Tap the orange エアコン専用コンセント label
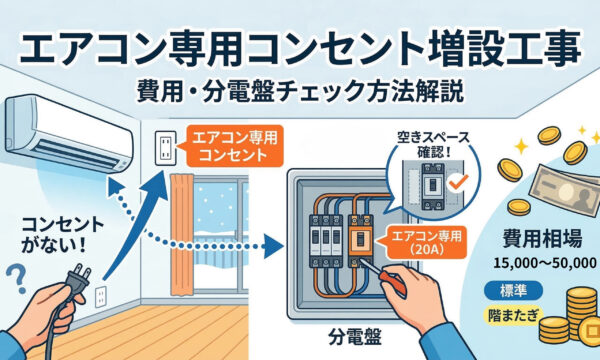(234, 146)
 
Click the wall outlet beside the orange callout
(166, 148)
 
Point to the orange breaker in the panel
(360, 241)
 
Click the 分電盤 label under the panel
(355, 338)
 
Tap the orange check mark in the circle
(458, 181)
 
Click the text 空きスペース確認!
(433, 144)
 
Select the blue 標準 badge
(513, 291)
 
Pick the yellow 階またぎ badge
(513, 316)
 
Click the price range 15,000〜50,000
(545, 263)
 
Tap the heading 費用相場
(542, 239)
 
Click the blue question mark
(16, 278)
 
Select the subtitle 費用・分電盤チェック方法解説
(300, 92)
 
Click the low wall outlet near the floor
(101, 297)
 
